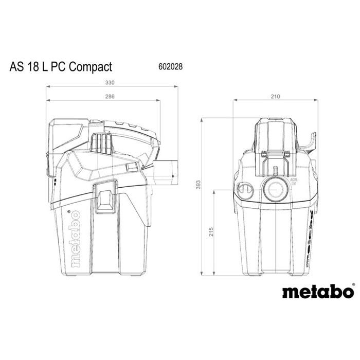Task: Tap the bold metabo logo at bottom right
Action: tap(318, 292)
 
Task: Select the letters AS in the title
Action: tap(15, 67)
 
